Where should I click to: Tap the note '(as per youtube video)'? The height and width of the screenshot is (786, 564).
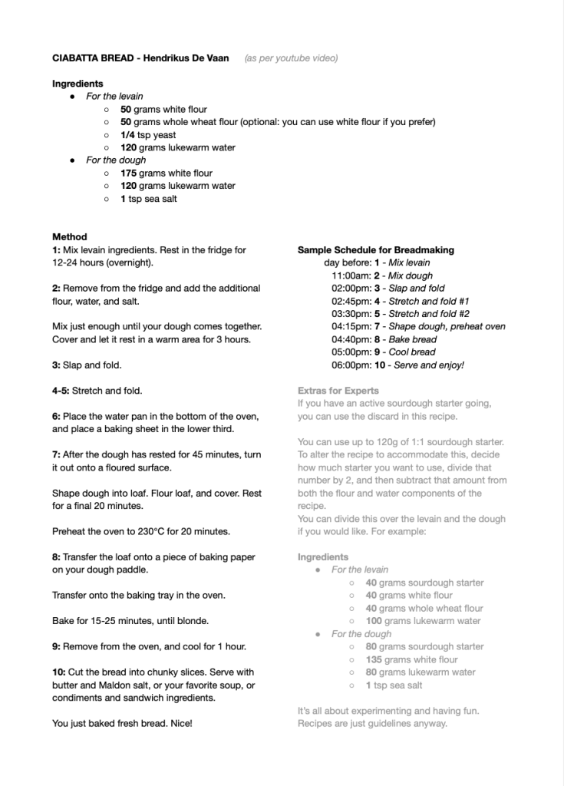(x=291, y=58)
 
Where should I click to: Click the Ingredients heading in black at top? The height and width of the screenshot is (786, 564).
(x=78, y=84)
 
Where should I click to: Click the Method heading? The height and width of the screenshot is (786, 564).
(x=70, y=237)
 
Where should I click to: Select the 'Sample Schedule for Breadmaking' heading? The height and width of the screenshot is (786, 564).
(x=375, y=250)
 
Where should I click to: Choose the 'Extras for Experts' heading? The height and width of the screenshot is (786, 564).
(x=338, y=391)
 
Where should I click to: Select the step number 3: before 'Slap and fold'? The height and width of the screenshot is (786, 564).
(x=56, y=365)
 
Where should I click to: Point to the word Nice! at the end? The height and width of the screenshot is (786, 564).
(x=179, y=723)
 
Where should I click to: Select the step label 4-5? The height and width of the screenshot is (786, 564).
(x=61, y=391)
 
